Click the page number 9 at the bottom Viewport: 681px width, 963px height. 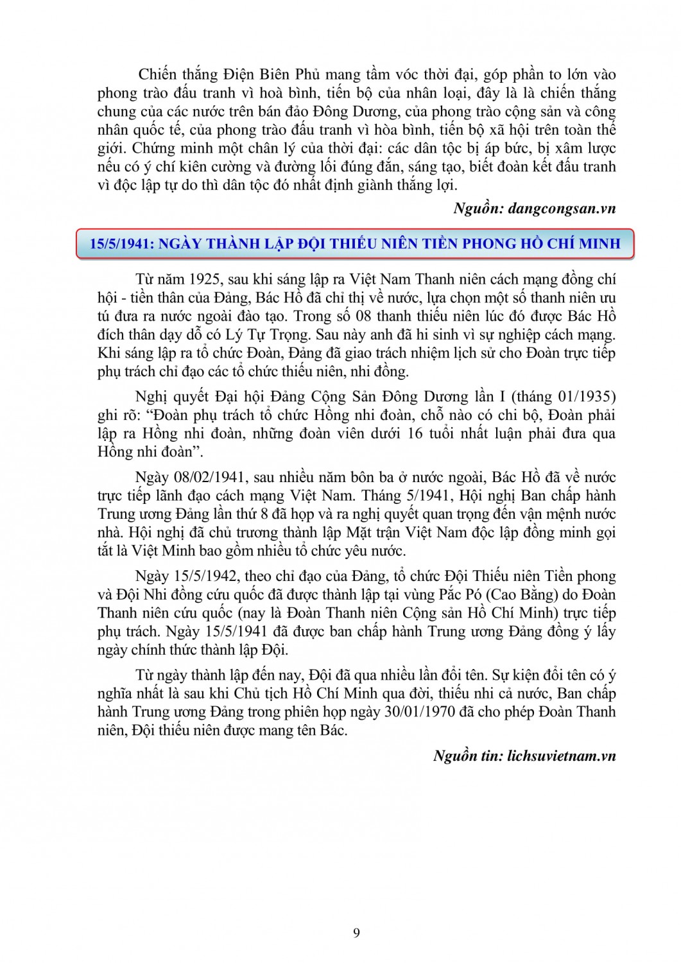pyautogui.click(x=356, y=933)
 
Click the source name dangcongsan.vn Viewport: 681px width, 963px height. pyautogui.click(x=562, y=208)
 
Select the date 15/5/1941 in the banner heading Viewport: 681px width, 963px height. pyautogui.click(x=120, y=243)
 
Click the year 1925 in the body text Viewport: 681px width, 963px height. pyautogui.click(x=206, y=279)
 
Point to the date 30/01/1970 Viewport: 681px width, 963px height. pyautogui.click(x=419, y=712)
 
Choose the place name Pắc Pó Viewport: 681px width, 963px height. pyautogui.click(x=461, y=594)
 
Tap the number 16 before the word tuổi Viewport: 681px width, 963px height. pyautogui.click(x=415, y=433)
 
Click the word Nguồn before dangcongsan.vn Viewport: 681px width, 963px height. pyautogui.click(x=477, y=208)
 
